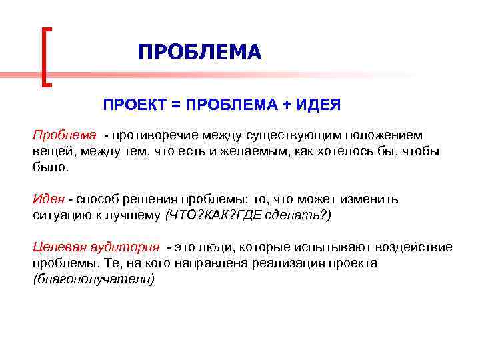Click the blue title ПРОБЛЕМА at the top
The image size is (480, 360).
click(199, 53)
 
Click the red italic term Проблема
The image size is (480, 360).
click(65, 135)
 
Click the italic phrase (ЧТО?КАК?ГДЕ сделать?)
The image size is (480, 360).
click(247, 215)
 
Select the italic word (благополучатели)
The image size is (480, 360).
click(93, 279)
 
